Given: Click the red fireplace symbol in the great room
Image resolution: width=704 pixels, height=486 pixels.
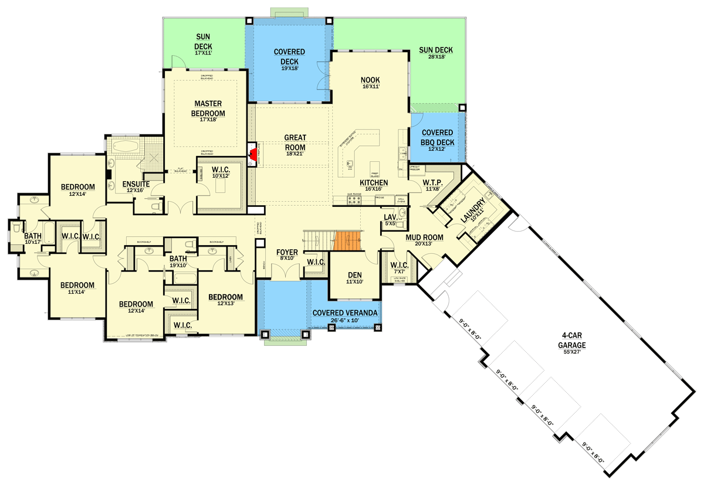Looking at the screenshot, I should (253, 154).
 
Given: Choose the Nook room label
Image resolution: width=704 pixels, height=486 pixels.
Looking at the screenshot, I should (370, 80).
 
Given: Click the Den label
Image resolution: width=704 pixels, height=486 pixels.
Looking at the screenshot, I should (355, 275).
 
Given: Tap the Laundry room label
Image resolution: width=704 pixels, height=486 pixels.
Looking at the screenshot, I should (473, 209).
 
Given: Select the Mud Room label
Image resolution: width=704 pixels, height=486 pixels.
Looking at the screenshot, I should (423, 237).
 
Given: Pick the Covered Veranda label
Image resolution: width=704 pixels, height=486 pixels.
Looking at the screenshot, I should (344, 313).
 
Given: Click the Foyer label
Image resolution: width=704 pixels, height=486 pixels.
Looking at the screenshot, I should (287, 253).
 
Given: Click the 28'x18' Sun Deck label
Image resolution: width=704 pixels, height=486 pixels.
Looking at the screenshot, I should (436, 50).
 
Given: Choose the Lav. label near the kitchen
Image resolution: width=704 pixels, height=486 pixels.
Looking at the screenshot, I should (391, 217).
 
